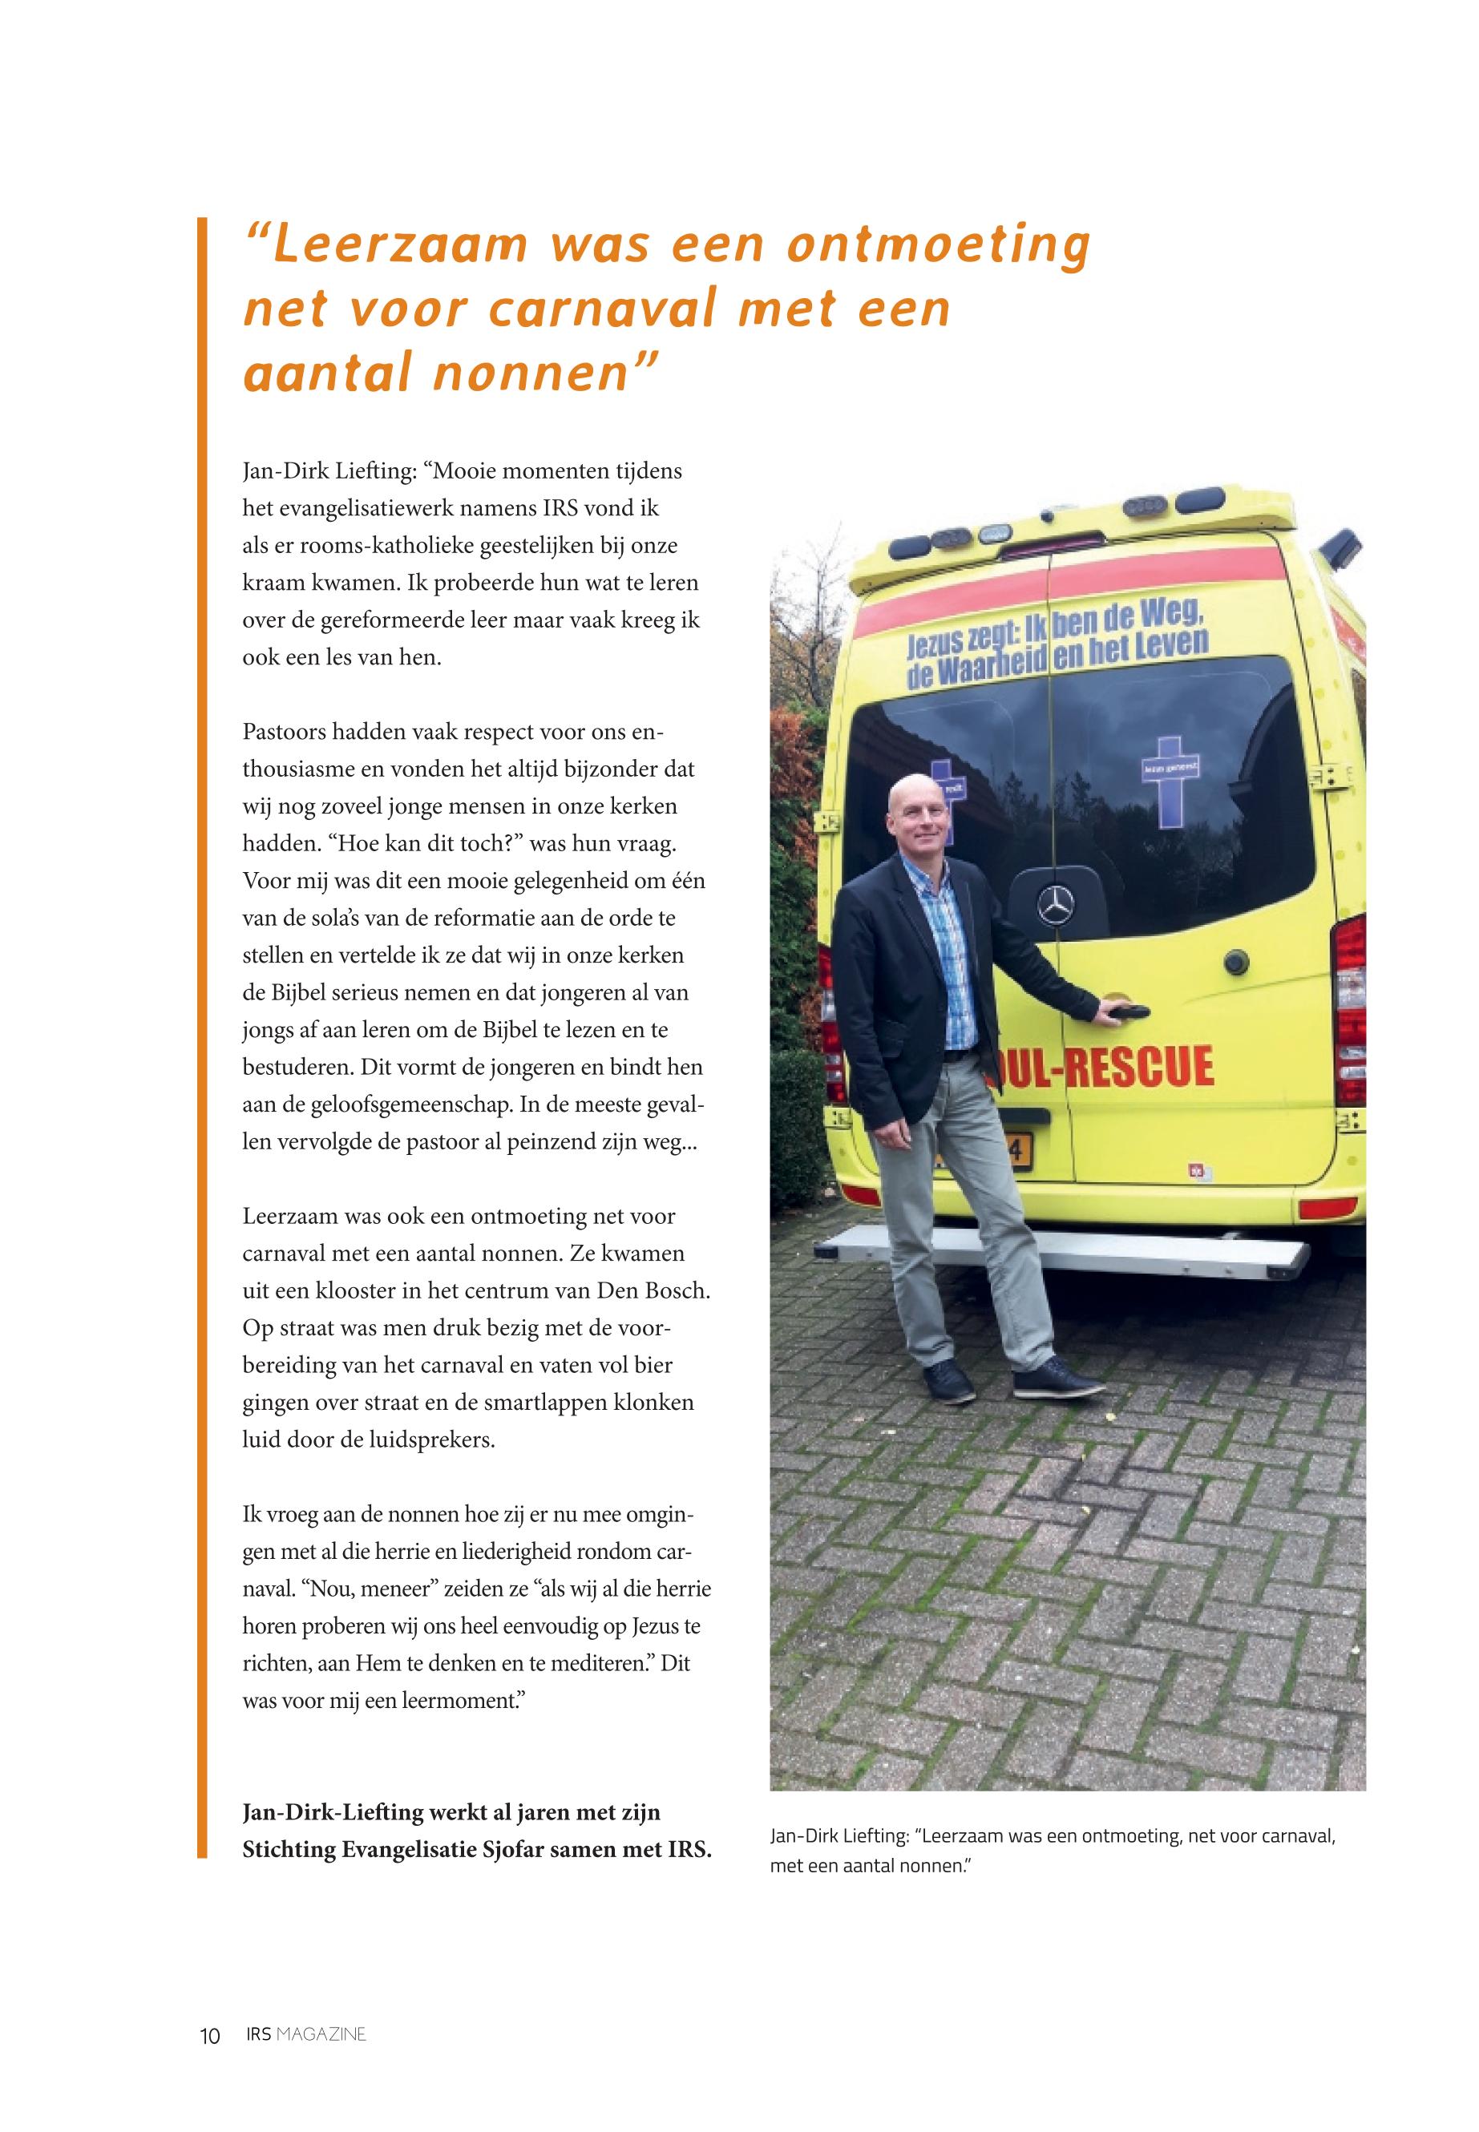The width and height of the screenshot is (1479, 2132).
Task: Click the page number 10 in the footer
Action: pyautogui.click(x=209, y=2036)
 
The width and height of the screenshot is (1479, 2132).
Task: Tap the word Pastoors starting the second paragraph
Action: pyautogui.click(x=285, y=732)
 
